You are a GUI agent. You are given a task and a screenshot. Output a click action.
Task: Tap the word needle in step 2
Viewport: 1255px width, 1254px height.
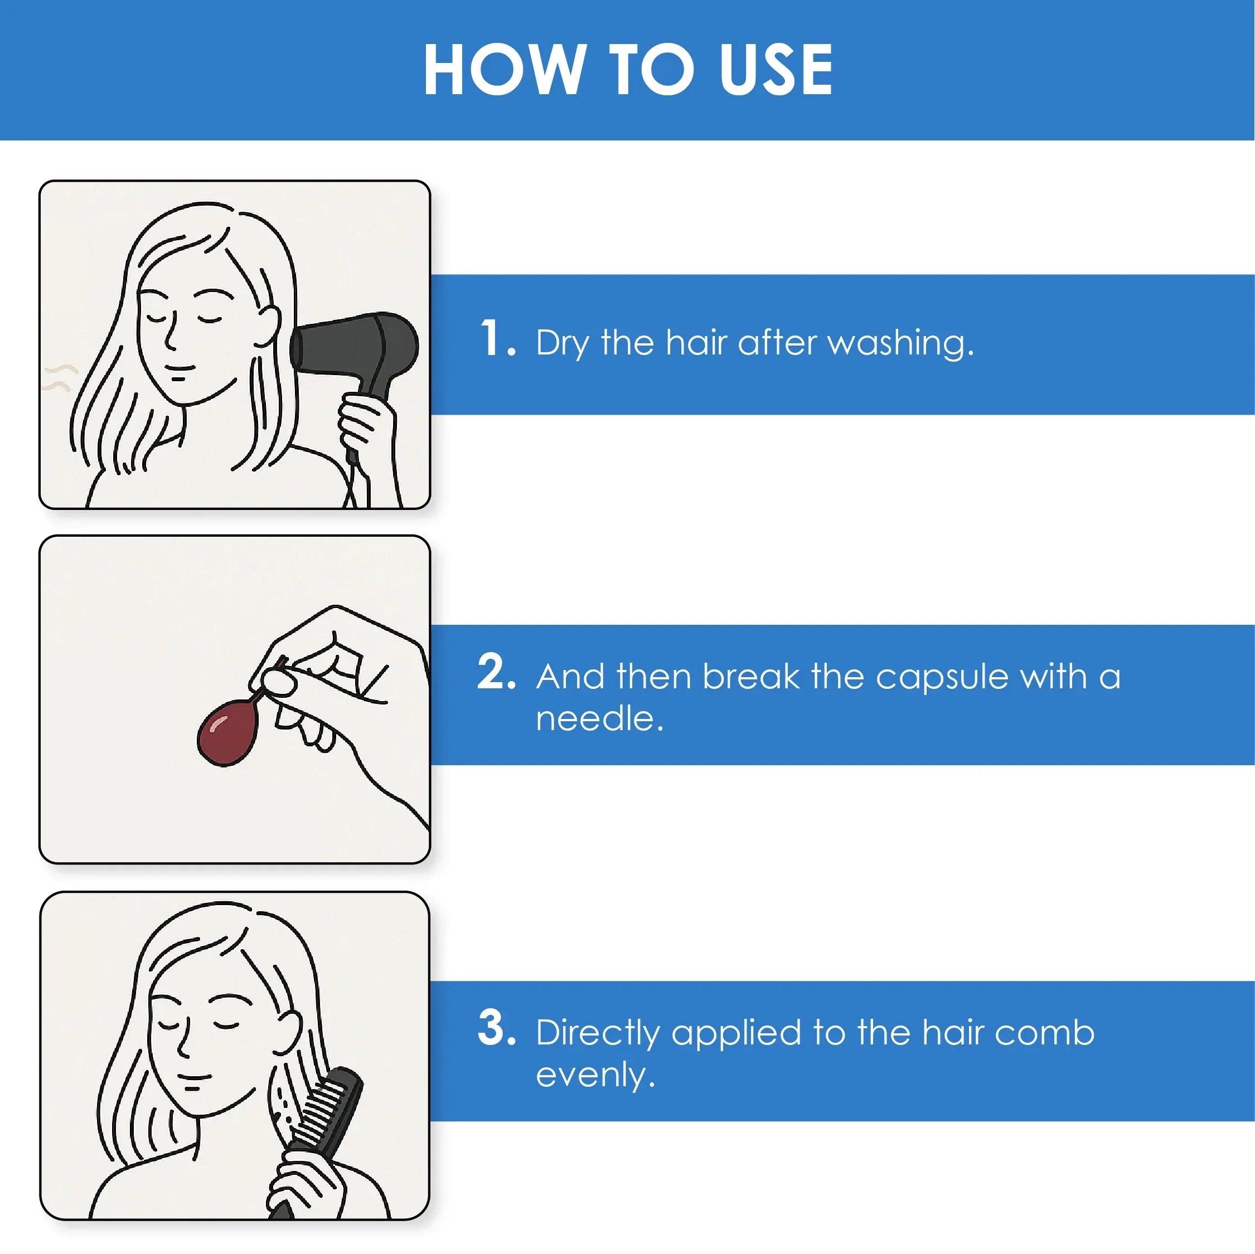click(x=599, y=718)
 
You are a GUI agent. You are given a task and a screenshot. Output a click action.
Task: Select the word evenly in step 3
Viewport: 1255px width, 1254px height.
click(x=595, y=1076)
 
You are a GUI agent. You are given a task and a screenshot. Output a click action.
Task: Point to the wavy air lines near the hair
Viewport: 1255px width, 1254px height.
click(x=57, y=377)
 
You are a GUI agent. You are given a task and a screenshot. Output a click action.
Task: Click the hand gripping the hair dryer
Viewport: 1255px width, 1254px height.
click(x=367, y=425)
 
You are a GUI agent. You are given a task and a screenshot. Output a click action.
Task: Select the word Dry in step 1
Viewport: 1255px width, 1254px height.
click(x=563, y=343)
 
